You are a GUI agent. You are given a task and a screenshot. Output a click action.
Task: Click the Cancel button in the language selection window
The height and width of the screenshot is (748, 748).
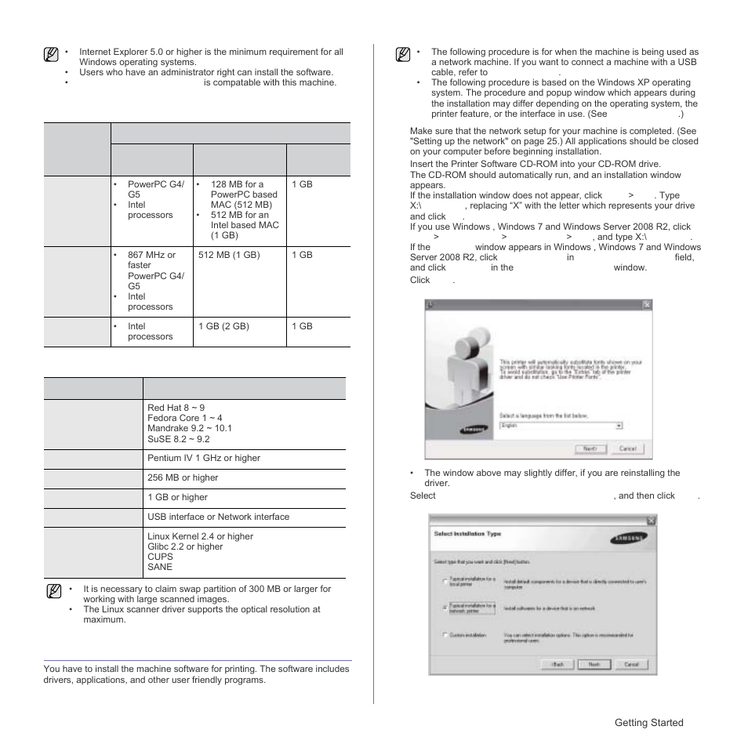[627, 449]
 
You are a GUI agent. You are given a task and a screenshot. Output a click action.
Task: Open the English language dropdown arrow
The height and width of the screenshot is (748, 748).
[619, 426]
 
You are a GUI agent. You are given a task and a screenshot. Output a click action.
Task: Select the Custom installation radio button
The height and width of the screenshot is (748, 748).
[445, 634]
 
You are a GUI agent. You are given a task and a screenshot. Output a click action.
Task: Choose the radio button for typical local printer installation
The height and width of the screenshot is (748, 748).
[445, 582]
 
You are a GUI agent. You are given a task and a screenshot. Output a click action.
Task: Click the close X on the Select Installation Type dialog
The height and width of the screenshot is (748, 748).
[650, 521]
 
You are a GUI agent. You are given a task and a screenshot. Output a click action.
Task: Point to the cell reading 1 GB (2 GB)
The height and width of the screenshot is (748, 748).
[224, 326]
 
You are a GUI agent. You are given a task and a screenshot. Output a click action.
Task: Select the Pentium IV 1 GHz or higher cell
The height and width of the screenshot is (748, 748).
[204, 458]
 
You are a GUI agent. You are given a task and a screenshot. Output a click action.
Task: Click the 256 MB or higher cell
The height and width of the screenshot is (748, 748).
[183, 477]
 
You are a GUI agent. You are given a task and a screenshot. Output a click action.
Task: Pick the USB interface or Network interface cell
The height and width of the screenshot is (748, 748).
[218, 517]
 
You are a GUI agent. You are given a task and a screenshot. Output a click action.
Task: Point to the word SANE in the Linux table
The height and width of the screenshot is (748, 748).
[160, 567]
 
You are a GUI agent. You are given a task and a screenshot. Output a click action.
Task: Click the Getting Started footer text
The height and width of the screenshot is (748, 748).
[648, 723]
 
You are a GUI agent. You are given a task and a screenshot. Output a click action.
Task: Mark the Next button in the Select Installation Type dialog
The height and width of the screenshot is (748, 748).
[594, 663]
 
